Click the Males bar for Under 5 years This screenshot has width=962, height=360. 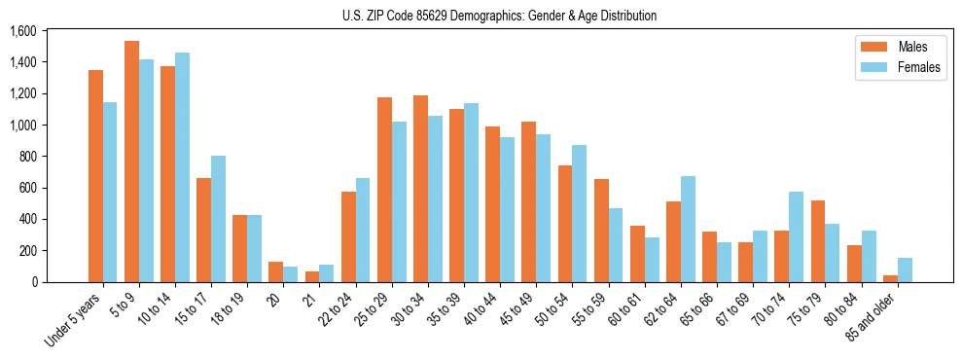click(95, 176)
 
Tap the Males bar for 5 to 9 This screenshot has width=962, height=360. click(131, 162)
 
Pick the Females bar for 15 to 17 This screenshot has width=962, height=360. click(218, 219)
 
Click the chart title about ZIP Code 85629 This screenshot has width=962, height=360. click(499, 16)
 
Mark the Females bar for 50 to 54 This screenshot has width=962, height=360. click(579, 213)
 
